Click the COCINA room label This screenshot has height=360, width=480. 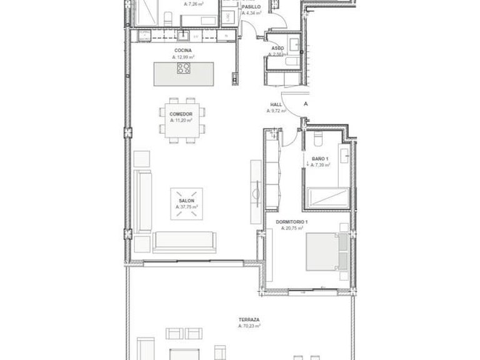183,50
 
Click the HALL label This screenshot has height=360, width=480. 276,104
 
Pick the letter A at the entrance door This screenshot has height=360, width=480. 306,104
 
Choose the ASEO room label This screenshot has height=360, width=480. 277,48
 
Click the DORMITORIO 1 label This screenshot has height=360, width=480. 292,222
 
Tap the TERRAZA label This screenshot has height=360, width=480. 248,319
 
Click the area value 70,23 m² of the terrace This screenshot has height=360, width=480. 249,326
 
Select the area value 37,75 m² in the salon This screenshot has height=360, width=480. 187,207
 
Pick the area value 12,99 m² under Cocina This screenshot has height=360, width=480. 183,57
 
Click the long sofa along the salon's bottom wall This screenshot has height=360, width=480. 185,241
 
